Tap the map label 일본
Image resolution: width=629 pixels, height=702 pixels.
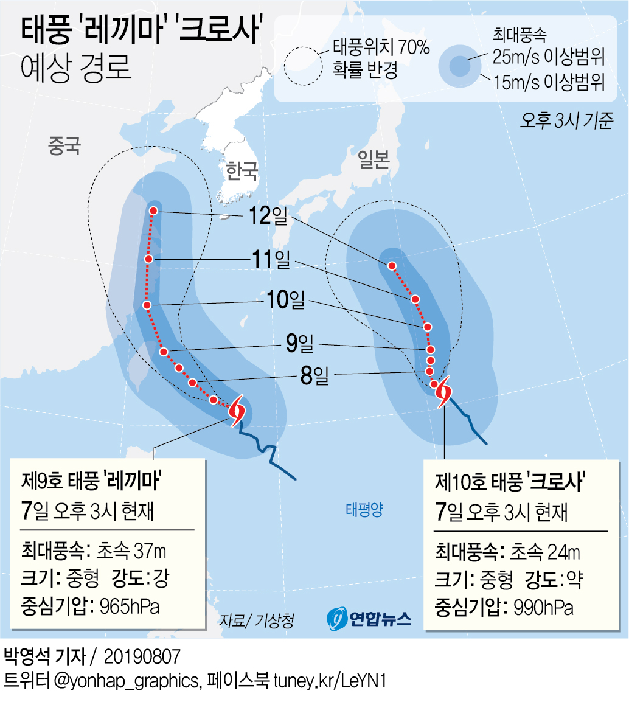point(373,159)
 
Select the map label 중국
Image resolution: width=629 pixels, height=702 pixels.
point(64,147)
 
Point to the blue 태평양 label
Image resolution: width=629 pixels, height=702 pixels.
point(364,509)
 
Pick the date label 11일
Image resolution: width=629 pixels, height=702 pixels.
point(270,260)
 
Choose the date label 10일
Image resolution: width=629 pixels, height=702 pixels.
point(285,300)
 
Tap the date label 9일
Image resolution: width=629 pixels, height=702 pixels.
point(299,344)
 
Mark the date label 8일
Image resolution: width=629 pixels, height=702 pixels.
point(314,375)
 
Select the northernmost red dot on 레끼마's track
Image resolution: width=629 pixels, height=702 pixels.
point(153,210)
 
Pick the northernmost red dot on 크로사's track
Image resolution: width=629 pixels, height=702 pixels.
point(392,265)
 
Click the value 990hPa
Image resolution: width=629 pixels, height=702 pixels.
point(543,606)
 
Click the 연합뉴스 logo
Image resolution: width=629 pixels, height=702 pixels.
point(369,619)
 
